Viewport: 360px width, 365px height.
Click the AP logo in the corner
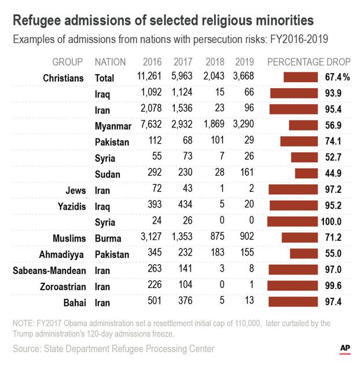(345, 348)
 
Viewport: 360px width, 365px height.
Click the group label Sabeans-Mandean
(49, 270)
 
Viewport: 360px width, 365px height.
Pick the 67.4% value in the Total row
(337, 78)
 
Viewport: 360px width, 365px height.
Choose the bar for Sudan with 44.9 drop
(306, 173)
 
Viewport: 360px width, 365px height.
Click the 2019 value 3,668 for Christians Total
(243, 77)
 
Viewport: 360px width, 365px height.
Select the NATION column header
(111, 61)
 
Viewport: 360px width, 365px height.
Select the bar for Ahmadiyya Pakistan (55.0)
(304, 254)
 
